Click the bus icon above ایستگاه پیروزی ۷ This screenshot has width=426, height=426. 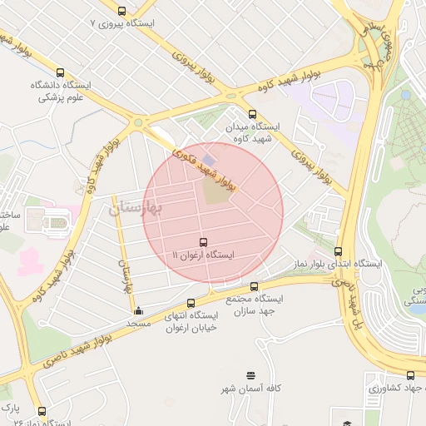tap(122, 11)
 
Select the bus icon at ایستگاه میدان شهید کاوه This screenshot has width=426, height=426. tap(252, 114)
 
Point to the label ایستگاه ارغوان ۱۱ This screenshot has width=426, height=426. tap(204, 254)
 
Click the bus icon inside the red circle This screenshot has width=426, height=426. tap(204, 241)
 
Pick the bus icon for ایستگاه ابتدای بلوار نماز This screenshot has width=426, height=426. tap(338, 251)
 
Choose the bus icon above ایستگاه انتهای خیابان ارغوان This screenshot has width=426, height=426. tap(192, 303)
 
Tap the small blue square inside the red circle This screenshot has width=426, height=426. tap(208, 157)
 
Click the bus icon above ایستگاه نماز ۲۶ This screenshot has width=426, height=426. tap(42, 410)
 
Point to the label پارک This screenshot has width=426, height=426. tap(10, 409)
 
